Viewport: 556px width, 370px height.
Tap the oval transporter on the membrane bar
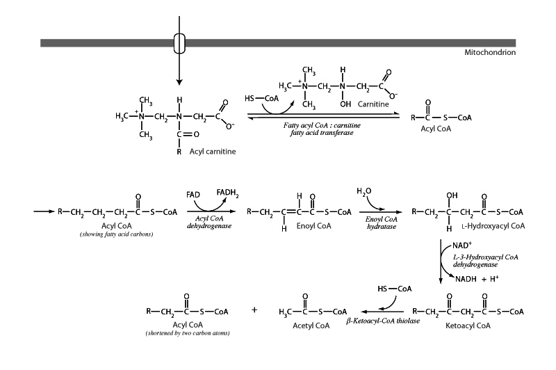point(179,42)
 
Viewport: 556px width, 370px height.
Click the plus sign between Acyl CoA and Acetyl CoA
point(254,309)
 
